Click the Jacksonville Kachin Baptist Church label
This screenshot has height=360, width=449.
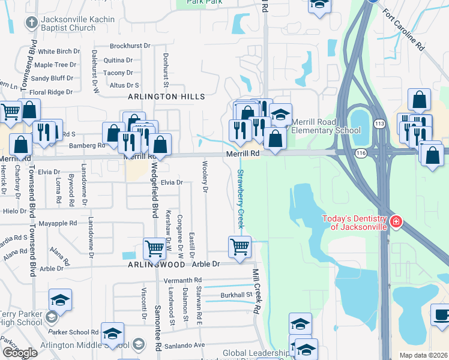point(68,23)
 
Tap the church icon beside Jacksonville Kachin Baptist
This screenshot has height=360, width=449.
point(31,23)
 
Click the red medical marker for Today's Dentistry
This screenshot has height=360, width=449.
point(396,223)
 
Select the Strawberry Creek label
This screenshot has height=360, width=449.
point(240,199)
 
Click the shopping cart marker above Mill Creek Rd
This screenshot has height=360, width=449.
point(240,246)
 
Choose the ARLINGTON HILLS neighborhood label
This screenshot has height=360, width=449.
point(166,97)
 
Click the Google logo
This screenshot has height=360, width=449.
point(20,353)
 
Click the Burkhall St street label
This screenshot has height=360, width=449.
point(236,295)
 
